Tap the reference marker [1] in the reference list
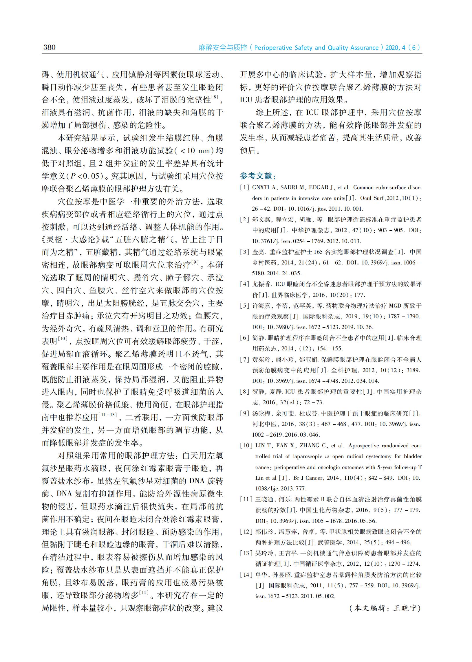pos(245,187)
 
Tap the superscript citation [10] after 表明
pos(63,338)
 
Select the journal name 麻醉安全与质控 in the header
pos(223,48)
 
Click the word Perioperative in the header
pos(272,48)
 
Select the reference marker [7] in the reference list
pos(245,360)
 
